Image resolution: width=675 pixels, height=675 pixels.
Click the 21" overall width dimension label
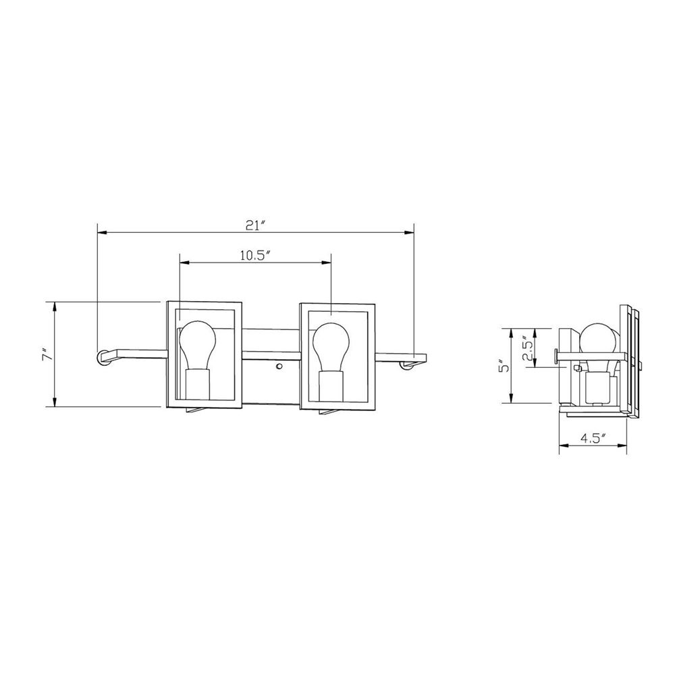[x=256, y=225]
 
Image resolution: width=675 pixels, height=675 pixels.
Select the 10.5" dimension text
[x=256, y=255]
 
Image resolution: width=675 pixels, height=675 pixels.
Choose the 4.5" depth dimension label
[x=593, y=438]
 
